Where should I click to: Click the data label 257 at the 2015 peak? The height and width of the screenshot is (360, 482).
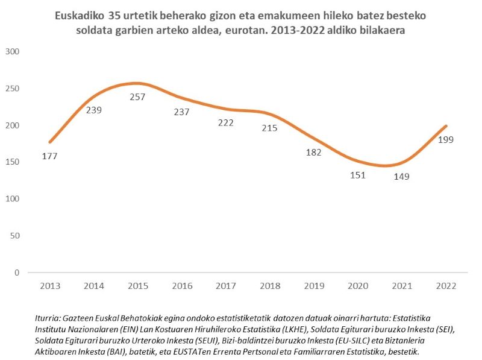(137, 96)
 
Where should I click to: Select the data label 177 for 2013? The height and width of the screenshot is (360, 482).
(50, 156)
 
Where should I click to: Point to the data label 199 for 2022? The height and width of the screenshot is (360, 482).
(446, 140)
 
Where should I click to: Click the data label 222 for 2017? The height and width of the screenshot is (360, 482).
(225, 122)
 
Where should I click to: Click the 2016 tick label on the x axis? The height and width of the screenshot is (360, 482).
(181, 285)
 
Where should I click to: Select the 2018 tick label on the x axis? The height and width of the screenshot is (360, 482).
(269, 285)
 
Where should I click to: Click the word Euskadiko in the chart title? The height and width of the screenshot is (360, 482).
(80, 14)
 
